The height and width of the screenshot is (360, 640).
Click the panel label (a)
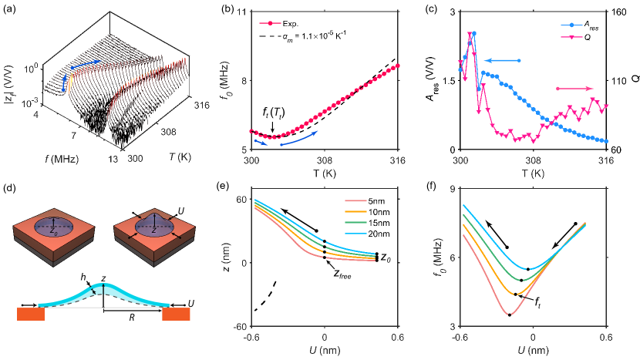point(11,10)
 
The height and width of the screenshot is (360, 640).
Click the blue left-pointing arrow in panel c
point(501,60)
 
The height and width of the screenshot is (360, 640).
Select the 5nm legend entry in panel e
point(369,200)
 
